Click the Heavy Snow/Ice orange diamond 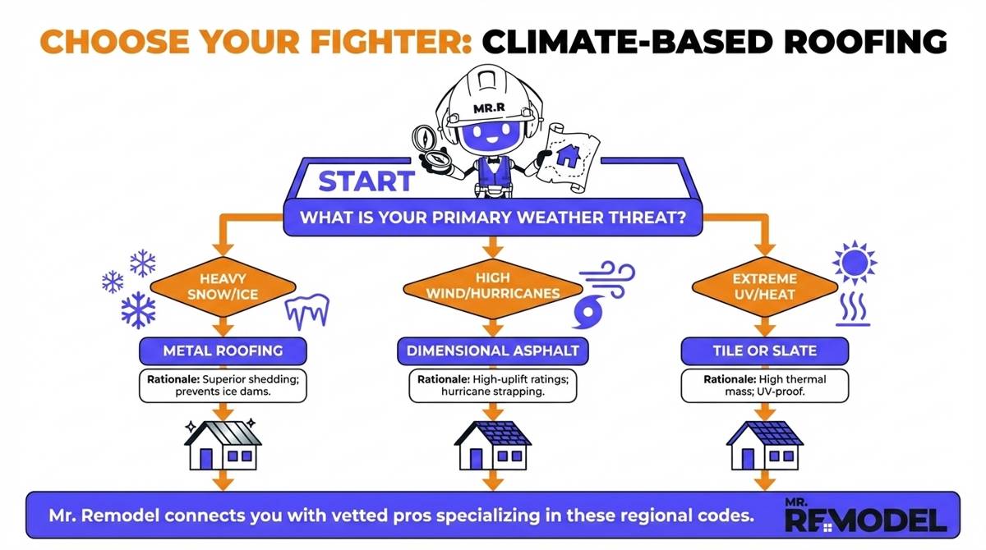pyautogui.click(x=222, y=286)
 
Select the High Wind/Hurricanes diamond pyautogui.click(x=493, y=286)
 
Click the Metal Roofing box pyautogui.click(x=223, y=351)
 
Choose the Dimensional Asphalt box pyautogui.click(x=493, y=351)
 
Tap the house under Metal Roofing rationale pyautogui.click(x=223, y=443)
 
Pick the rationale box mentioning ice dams pyautogui.click(x=223, y=386)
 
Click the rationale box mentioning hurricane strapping pyautogui.click(x=493, y=386)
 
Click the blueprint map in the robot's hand pyautogui.click(x=569, y=155)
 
